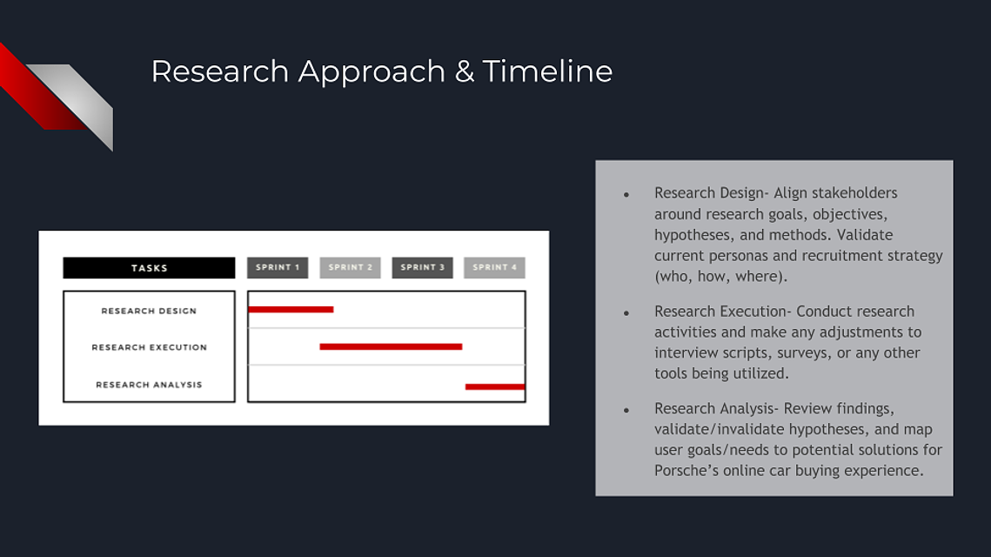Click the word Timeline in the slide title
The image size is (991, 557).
(547, 70)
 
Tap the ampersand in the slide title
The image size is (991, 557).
(464, 71)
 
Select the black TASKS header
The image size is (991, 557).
(149, 267)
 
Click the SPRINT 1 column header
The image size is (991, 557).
(278, 267)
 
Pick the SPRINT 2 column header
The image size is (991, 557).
(350, 267)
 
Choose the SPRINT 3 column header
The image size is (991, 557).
(422, 267)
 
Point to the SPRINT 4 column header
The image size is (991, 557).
(494, 267)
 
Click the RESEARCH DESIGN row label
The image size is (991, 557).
(149, 311)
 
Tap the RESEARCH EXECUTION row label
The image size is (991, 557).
(149, 347)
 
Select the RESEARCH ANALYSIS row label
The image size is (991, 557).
(149, 385)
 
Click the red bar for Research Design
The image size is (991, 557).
(291, 309)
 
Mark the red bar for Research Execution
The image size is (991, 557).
(391, 346)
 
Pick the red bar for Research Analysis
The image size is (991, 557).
(495, 386)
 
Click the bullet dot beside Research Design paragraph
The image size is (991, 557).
(626, 195)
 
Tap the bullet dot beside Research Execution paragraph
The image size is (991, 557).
(626, 313)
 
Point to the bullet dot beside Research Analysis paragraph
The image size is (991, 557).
(626, 410)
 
